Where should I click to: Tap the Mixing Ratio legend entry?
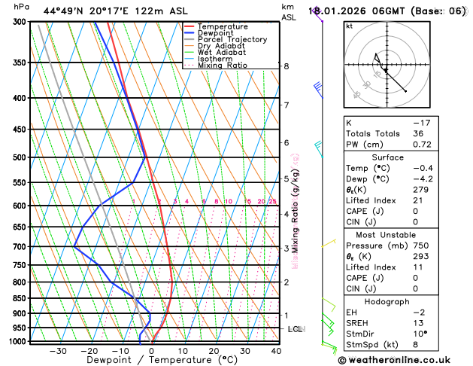223,66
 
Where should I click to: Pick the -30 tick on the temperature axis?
58,351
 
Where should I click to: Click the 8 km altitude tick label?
286,66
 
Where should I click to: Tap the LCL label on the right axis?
296,329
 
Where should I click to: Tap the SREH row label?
359,323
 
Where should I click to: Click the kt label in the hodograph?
349,26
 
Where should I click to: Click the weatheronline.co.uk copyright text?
398,359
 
